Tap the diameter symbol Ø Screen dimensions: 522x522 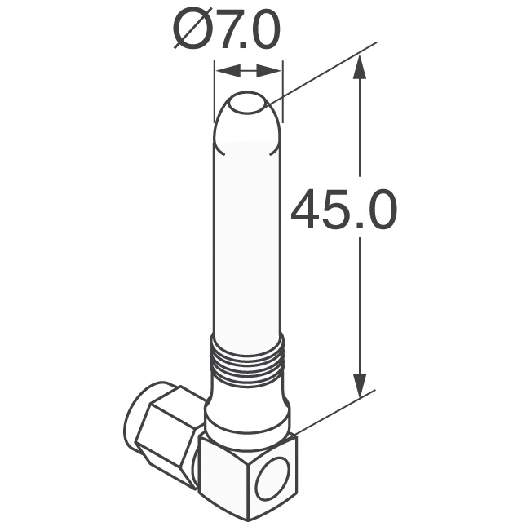point(190,32)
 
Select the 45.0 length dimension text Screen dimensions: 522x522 point(343,210)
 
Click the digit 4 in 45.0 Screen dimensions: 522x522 point(307,210)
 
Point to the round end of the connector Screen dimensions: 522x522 point(135,424)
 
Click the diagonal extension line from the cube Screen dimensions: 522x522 point(334,411)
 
